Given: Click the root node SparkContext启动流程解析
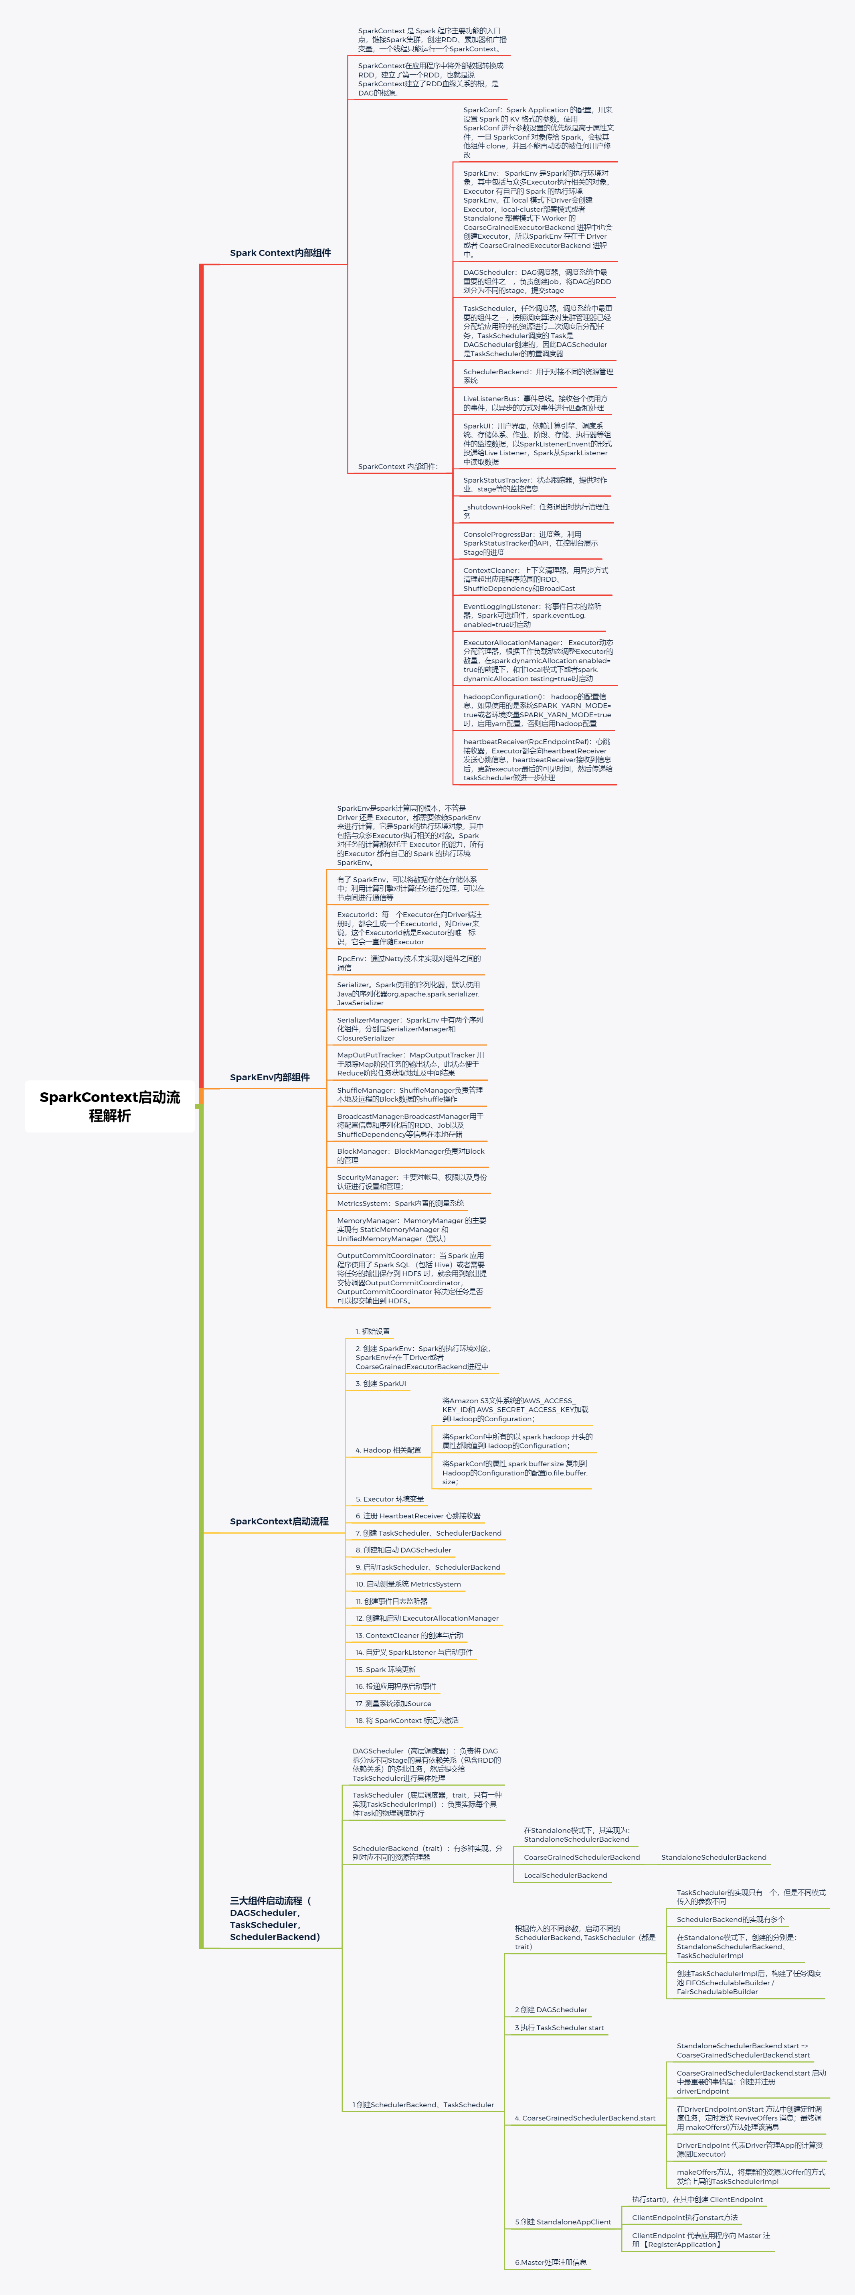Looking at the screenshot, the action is (109, 1106).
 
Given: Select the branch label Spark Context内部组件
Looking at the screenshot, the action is (280, 253).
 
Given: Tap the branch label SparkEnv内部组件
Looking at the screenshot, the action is (269, 1077).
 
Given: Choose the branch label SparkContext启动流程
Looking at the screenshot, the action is (279, 1521).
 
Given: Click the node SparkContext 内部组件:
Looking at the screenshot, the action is (397, 467).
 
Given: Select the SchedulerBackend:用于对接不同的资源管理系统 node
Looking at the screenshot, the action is (537, 376).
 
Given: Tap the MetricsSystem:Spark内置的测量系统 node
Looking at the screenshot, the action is (400, 1203).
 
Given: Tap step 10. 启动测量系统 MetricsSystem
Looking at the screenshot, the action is (408, 1584).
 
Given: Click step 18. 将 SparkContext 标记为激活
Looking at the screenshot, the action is (407, 1721).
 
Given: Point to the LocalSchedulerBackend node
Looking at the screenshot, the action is (565, 1875).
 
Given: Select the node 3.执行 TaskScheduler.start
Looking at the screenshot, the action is (558, 2028).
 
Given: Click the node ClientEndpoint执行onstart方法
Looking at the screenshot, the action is (684, 2218).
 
